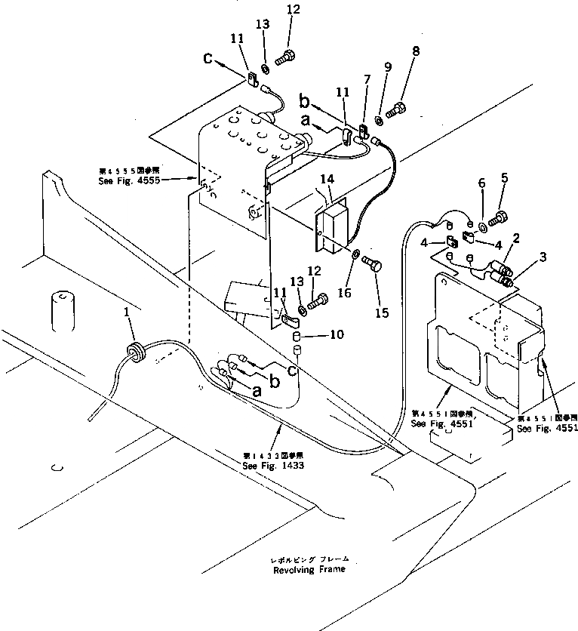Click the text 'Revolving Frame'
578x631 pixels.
point(311,568)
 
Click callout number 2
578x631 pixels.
point(515,238)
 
